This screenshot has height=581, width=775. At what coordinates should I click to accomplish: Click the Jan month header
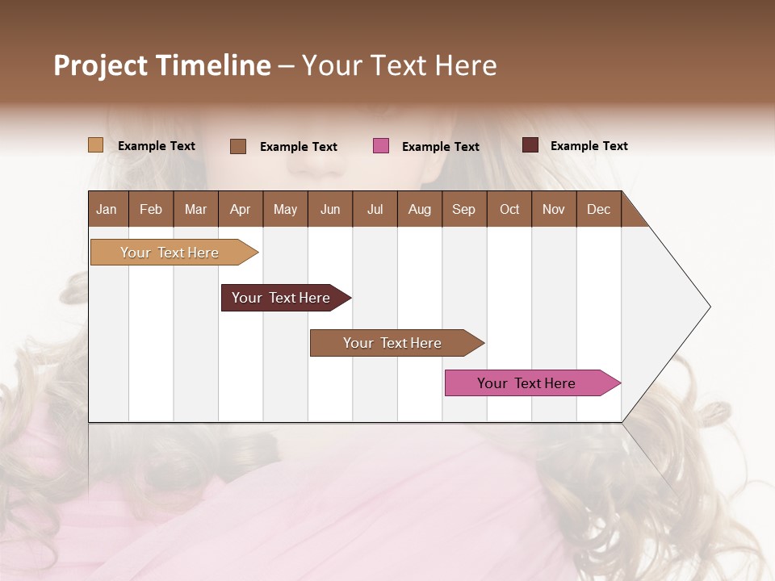pyautogui.click(x=107, y=209)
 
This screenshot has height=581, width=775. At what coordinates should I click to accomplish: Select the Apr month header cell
pyautogui.click(x=241, y=209)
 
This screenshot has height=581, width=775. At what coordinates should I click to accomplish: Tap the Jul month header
pyautogui.click(x=375, y=209)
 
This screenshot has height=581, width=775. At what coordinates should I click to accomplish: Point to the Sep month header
pyautogui.click(x=464, y=209)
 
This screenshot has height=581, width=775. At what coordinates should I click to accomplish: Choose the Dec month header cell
pyautogui.click(x=598, y=209)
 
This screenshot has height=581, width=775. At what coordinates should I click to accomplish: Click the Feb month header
pyautogui.click(x=151, y=209)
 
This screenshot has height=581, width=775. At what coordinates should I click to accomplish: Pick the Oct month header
pyautogui.click(x=509, y=209)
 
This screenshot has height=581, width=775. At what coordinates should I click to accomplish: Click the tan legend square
pyautogui.click(x=95, y=145)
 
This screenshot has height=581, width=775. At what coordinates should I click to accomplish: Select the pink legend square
pyautogui.click(x=381, y=146)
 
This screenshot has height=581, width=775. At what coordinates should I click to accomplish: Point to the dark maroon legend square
pyautogui.click(x=530, y=145)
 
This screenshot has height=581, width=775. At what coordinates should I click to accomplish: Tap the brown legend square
pyautogui.click(x=238, y=146)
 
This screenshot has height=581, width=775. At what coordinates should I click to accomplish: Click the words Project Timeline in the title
pyautogui.click(x=161, y=65)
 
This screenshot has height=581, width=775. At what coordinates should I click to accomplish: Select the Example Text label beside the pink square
pyautogui.click(x=441, y=147)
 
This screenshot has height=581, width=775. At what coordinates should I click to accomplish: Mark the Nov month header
pyautogui.click(x=554, y=209)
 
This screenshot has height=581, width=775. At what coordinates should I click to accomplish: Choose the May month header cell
pyautogui.click(x=285, y=209)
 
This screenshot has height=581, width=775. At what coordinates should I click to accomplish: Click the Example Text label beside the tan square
pyautogui.click(x=157, y=146)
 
